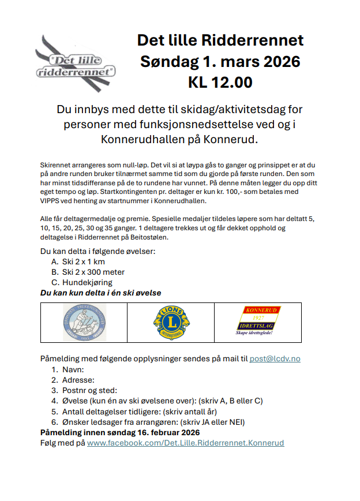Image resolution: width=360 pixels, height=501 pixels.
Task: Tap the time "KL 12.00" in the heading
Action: coord(220,83)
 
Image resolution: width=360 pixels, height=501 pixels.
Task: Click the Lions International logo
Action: coord(171,323)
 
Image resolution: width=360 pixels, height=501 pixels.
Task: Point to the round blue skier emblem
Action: coord(84,323)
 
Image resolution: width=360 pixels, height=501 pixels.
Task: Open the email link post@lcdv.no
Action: coord(275,358)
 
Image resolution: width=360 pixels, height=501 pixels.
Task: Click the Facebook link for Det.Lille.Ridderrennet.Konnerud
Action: coord(185,443)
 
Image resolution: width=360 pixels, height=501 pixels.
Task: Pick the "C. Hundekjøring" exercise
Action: coord(81,282)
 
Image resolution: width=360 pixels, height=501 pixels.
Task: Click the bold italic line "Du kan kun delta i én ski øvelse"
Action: coord(100,293)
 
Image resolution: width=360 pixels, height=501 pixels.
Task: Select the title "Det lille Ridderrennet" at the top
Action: coord(220,40)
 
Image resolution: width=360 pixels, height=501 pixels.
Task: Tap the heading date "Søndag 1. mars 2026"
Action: coord(220,61)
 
